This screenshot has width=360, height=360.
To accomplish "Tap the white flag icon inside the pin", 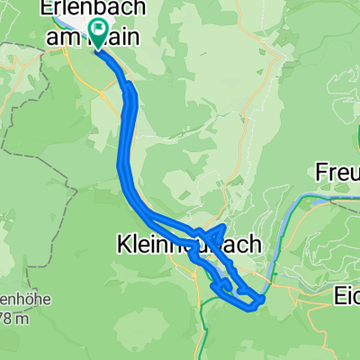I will pos(97,31).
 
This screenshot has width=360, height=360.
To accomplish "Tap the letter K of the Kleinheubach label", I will pos(123,243).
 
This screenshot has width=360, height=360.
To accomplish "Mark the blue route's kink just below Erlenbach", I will pos(130,87).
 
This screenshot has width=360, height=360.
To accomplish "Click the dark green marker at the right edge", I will pos(358,135).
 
